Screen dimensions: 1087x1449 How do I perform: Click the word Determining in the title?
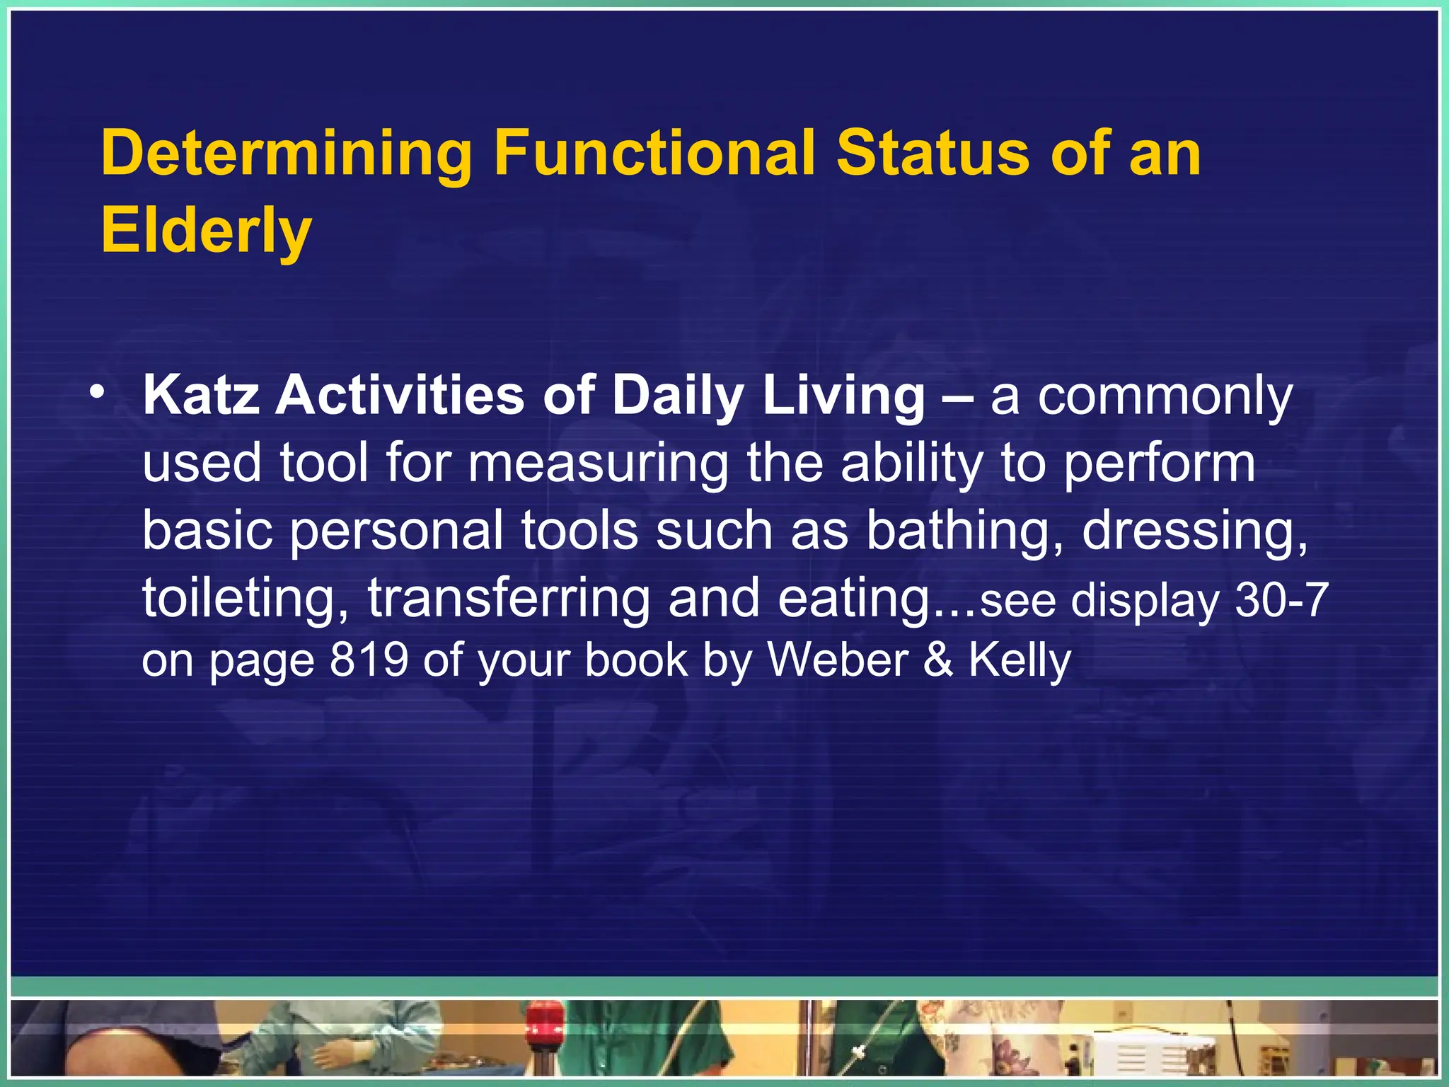(x=287, y=154)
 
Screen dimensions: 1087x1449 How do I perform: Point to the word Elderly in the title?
(x=206, y=232)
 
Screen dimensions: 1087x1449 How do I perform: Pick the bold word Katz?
(x=201, y=396)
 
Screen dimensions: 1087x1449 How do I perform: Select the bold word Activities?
(x=400, y=396)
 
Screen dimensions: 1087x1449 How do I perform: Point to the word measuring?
(x=598, y=464)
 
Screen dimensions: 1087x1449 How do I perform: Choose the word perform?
(x=1160, y=464)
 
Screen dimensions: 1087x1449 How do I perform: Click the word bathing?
(x=965, y=531)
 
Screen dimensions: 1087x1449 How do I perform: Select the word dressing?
(x=1195, y=531)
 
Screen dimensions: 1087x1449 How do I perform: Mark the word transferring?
(x=509, y=599)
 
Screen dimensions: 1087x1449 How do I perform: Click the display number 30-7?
(x=1281, y=600)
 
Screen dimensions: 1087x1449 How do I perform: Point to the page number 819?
(x=369, y=660)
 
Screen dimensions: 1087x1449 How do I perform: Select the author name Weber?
(x=838, y=660)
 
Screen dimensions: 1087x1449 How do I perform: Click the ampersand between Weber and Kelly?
(x=938, y=660)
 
